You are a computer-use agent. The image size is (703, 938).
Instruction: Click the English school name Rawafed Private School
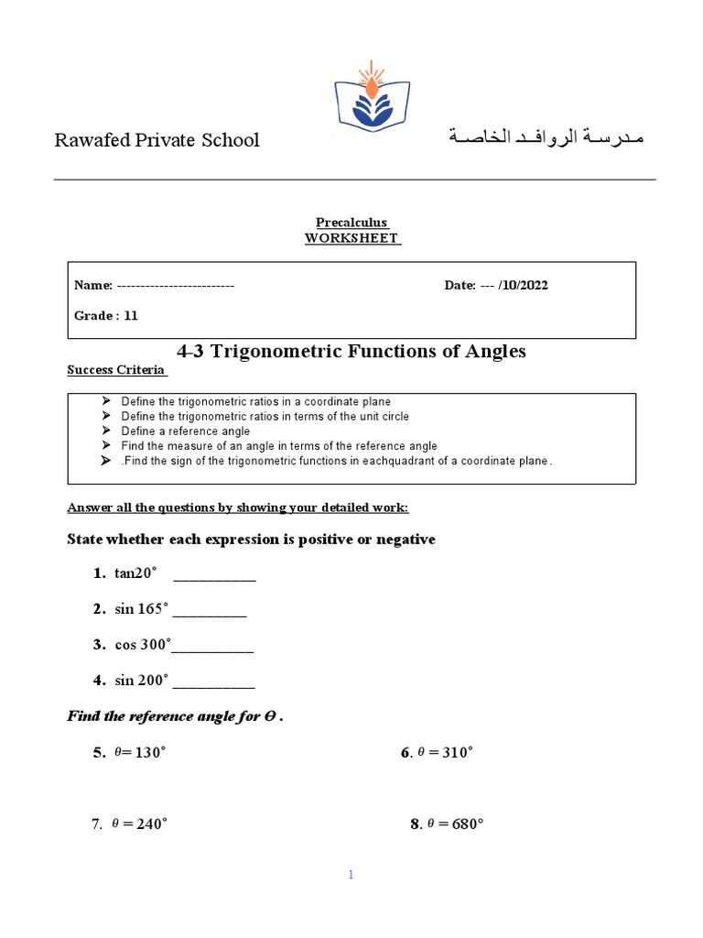[157, 140]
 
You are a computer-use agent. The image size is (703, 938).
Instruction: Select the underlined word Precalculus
[351, 223]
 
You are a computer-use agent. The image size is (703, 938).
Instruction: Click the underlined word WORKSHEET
[351, 238]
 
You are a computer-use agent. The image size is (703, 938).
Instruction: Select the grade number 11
[131, 316]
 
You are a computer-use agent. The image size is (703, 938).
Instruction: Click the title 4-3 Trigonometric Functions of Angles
[351, 352]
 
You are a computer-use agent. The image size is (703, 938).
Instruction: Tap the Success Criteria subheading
[116, 370]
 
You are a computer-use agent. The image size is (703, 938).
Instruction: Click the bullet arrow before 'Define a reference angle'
[105, 431]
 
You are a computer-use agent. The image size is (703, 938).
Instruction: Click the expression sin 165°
[142, 609]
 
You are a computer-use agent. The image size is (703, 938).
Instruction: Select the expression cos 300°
[143, 645]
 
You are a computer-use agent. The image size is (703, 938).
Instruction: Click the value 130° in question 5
[150, 753]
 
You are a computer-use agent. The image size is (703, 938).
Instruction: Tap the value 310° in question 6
[458, 753]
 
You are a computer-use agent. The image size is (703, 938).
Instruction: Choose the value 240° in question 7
[151, 823]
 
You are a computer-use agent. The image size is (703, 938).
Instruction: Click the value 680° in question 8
[467, 823]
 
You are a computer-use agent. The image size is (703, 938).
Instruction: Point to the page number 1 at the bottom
[351, 876]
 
